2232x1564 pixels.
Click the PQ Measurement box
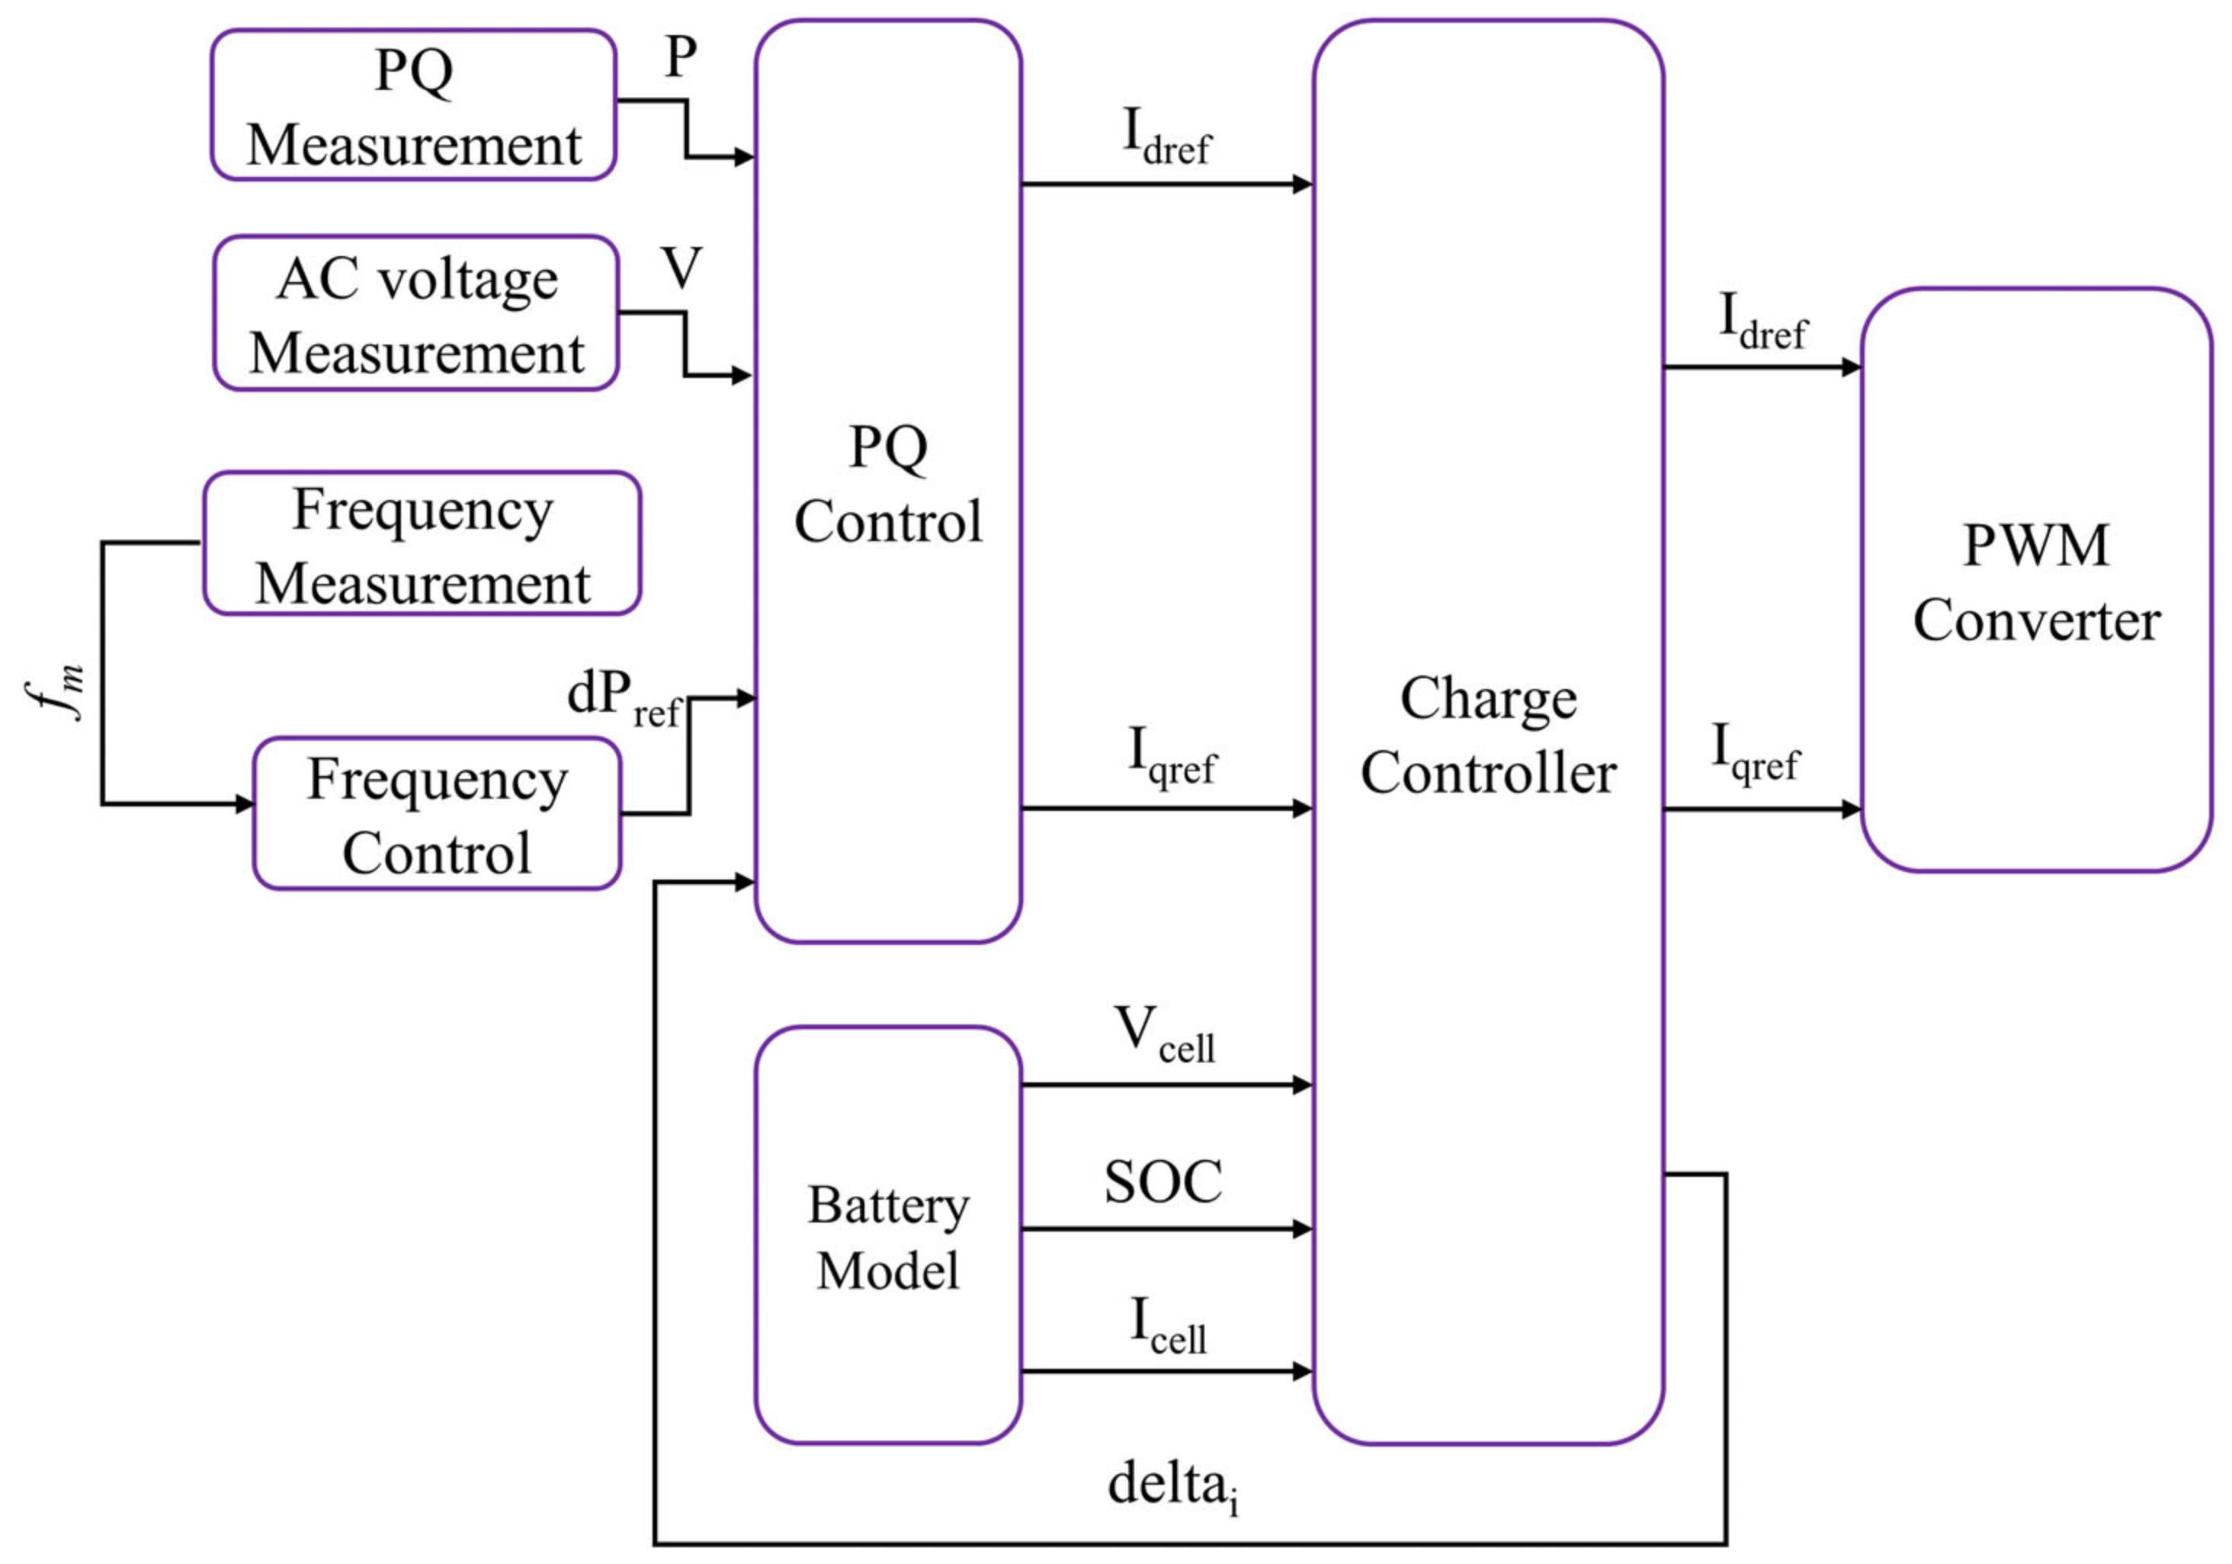(x=413, y=105)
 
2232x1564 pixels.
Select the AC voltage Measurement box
(x=416, y=313)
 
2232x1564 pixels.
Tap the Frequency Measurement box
(x=421, y=543)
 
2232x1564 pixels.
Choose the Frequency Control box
(x=437, y=813)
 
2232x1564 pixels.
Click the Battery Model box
(x=887, y=1235)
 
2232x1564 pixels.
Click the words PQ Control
(x=887, y=484)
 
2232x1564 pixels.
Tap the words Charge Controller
(x=1487, y=735)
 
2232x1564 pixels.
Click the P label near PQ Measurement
(x=681, y=59)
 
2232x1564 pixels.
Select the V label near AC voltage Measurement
(x=681, y=268)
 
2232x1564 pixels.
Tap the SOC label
(x=1162, y=1183)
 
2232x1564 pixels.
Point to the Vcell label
(x=1163, y=1034)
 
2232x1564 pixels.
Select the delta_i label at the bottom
(x=1172, y=1486)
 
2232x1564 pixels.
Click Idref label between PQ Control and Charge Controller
(x=1166, y=136)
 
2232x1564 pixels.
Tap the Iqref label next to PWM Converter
(x=1755, y=752)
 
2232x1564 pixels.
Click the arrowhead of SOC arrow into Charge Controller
(x=1303, y=1229)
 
